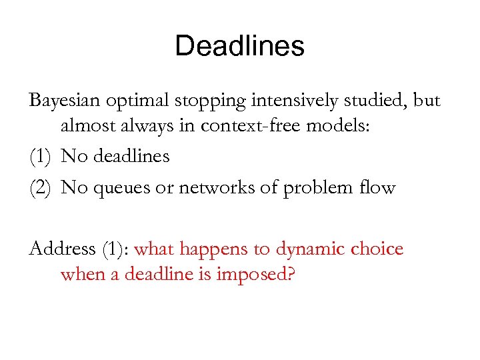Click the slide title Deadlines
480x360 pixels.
239,47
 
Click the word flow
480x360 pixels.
378,188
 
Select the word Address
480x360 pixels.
63,249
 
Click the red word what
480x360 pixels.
155,249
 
